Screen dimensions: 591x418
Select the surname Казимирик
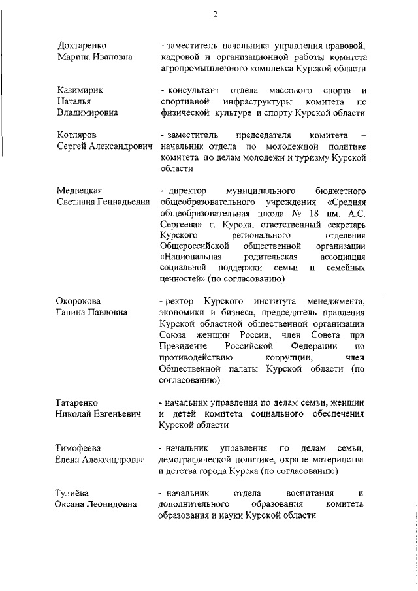(80, 89)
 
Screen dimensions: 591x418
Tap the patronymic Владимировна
(88, 113)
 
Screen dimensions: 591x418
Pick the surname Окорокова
(79, 300)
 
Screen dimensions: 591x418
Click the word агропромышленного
(201, 69)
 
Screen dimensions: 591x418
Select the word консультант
(191, 89)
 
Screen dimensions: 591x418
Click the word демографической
(196, 459)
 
